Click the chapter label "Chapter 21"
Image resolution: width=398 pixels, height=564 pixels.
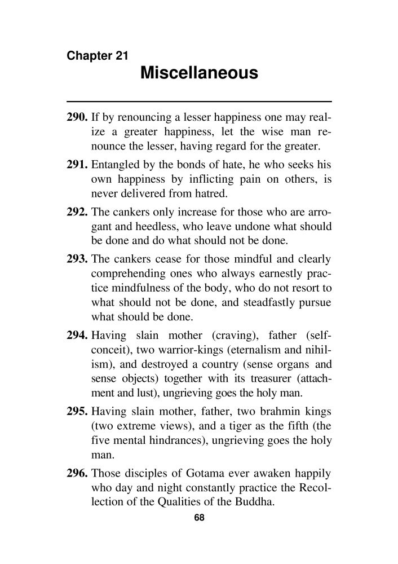(x=98, y=56)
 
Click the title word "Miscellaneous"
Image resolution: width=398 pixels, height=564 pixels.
(x=198, y=73)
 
